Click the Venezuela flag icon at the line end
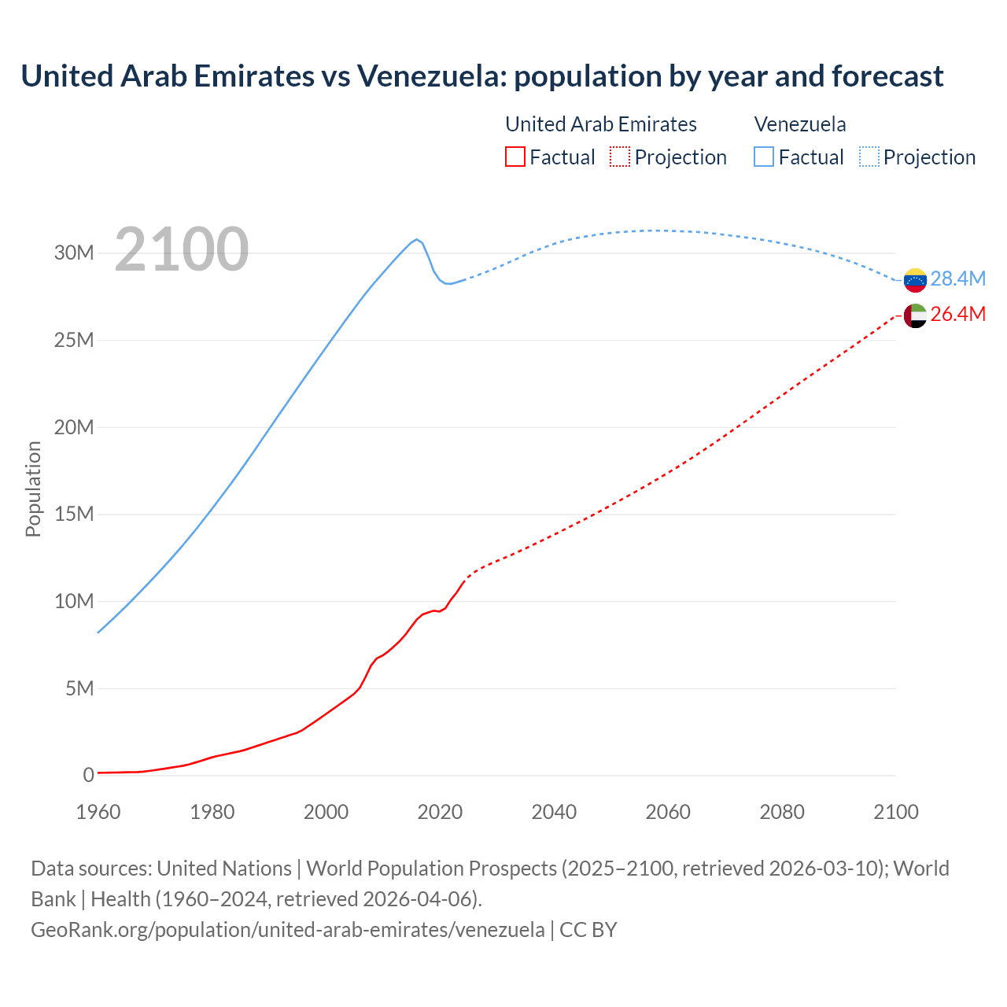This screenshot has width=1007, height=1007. [x=915, y=280]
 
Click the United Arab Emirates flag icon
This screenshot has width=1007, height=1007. [x=915, y=315]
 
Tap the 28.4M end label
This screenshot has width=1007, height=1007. [x=957, y=279]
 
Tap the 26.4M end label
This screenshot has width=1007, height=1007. [x=957, y=315]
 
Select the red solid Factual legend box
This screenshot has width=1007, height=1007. [x=515, y=157]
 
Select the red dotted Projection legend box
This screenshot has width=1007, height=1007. [x=620, y=157]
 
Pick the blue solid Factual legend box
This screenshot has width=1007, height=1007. [x=764, y=157]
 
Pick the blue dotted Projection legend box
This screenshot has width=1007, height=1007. [x=869, y=157]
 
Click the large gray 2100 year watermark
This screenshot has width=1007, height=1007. [x=182, y=249]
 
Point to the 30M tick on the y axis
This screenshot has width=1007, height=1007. [x=74, y=253]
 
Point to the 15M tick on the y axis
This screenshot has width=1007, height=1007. [x=74, y=515]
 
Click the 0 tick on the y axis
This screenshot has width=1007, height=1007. [x=88, y=776]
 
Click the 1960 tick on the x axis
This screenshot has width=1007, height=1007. [x=98, y=812]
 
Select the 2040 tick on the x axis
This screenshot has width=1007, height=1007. [x=554, y=812]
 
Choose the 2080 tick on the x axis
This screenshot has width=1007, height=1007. [x=782, y=812]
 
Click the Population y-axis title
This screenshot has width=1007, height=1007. [x=33, y=489]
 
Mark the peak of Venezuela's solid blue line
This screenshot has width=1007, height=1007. [x=416, y=239]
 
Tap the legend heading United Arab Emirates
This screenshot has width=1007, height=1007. [x=600, y=124]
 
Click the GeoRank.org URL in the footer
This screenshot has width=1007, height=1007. [x=287, y=930]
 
